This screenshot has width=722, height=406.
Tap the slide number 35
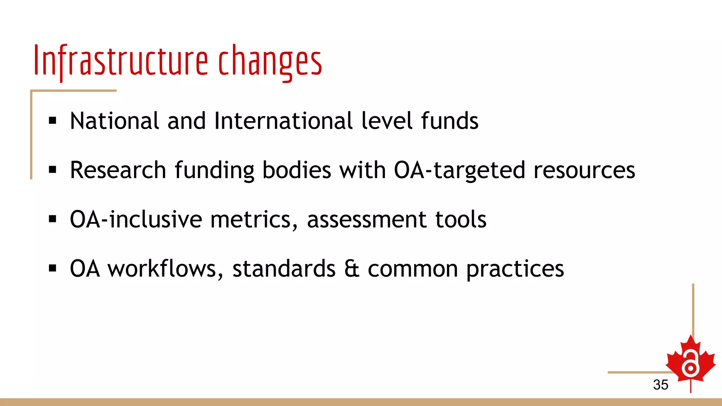660,385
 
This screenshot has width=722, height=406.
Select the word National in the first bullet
115,121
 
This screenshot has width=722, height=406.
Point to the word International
283,121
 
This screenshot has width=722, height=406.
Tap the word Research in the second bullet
118,170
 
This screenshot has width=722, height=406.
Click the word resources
584,170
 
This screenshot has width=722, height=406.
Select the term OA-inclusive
136,220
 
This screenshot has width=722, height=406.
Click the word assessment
367,220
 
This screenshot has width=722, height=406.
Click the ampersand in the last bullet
351,269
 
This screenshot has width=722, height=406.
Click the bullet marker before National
53,121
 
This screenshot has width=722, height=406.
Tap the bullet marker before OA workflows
53,269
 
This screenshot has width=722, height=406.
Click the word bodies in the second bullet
296,170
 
